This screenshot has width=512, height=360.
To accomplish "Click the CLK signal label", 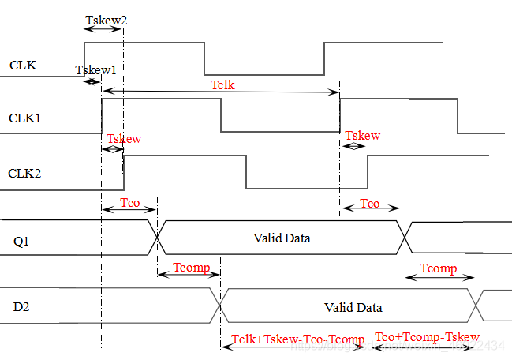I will (22, 65).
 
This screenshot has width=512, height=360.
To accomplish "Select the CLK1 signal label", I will (24, 119).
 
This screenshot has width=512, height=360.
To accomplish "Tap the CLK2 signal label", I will (25, 173).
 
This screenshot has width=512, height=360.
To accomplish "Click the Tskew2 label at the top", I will (105, 19).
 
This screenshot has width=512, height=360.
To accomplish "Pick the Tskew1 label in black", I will (95, 70).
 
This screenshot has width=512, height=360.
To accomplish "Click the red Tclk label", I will (222, 84).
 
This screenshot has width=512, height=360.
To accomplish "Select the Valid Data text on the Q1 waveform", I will (282, 238).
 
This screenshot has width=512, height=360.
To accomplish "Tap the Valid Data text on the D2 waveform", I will (353, 307).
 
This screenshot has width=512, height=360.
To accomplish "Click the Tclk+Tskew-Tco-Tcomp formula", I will (298, 340).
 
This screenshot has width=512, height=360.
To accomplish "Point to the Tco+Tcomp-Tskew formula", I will (427, 338).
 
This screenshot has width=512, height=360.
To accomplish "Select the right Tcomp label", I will (439, 268).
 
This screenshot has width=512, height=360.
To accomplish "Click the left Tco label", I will (130, 204).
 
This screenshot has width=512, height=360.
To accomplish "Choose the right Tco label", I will (369, 204).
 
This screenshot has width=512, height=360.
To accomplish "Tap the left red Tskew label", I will (124, 139).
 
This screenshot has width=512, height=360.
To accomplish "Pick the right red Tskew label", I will (362, 136).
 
